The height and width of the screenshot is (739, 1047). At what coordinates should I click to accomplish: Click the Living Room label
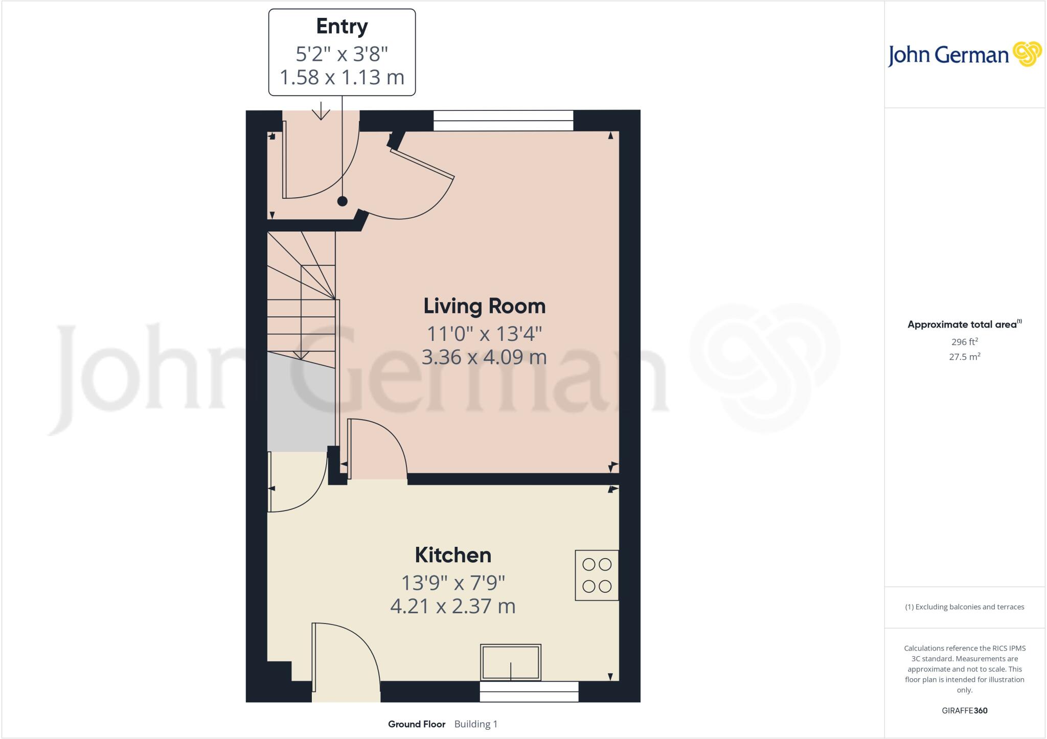click(x=484, y=306)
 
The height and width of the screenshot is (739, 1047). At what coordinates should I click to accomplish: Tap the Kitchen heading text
click(x=452, y=555)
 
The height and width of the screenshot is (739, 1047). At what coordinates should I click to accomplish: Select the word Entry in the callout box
click(x=342, y=27)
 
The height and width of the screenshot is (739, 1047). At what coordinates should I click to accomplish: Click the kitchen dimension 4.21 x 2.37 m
click(x=452, y=606)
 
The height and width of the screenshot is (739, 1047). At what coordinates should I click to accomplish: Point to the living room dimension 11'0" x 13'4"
click(x=484, y=334)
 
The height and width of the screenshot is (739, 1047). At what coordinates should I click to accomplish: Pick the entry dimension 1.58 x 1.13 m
click(x=342, y=77)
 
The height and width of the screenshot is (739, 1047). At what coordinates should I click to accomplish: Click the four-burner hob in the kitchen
click(x=597, y=575)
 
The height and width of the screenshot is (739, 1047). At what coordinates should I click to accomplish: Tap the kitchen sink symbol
click(x=510, y=662)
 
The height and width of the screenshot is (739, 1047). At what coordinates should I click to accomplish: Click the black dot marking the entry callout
click(x=342, y=201)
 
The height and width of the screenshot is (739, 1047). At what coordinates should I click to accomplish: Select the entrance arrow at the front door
click(x=321, y=111)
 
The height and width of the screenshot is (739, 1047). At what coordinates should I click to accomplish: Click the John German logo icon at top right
click(x=1027, y=54)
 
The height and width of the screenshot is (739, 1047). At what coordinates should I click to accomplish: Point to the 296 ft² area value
click(x=964, y=342)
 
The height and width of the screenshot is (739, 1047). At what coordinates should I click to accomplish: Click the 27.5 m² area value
click(x=964, y=357)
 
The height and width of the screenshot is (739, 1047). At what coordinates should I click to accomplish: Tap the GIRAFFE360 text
click(x=964, y=710)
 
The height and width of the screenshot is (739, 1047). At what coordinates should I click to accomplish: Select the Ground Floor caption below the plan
click(x=417, y=724)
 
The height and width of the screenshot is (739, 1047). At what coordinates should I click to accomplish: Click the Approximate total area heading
click(x=964, y=324)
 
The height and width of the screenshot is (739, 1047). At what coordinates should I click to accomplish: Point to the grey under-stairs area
click(x=301, y=404)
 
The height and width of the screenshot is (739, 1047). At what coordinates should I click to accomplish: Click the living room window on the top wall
click(x=503, y=121)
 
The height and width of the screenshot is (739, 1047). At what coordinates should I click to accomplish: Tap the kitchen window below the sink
click(x=529, y=691)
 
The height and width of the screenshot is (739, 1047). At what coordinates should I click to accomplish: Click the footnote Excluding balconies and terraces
click(x=964, y=607)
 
